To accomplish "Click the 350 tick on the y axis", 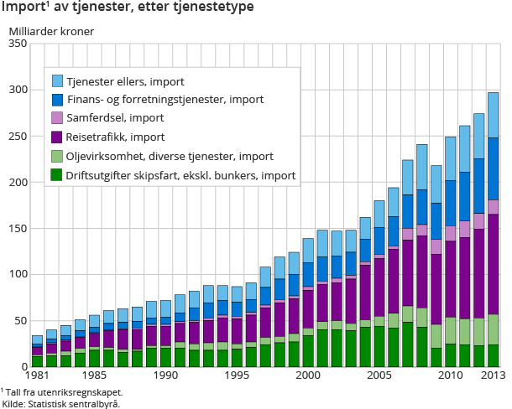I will (x=17, y=44).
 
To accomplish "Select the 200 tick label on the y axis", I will (x=17, y=182).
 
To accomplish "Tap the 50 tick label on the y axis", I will (x=20, y=320).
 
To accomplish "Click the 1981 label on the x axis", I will (x=36, y=375).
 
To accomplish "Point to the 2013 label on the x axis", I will (x=491, y=375).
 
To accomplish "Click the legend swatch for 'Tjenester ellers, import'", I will (x=58, y=81).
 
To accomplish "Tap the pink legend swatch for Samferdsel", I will (x=58, y=118).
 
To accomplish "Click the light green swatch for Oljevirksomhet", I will (x=58, y=156).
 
